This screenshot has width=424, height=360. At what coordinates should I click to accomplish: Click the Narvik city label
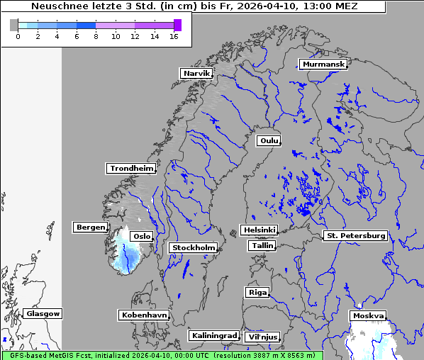[196, 73]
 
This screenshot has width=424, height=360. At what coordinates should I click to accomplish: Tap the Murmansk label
[323, 64]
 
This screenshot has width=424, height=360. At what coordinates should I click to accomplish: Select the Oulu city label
[268, 140]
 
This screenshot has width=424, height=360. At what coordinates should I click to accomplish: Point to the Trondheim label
[131, 168]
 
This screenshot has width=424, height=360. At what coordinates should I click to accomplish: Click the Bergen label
[89, 227]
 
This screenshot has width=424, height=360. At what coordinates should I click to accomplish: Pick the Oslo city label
[142, 236]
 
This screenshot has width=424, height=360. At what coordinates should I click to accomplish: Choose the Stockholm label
[193, 247]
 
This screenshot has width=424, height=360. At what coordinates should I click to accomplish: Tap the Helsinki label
[259, 230]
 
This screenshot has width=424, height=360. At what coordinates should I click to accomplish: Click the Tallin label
[262, 245]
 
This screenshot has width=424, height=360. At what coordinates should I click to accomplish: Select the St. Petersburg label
[355, 235]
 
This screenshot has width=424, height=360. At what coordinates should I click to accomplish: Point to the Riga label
[257, 292]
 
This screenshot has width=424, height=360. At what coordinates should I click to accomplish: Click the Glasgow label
[43, 313]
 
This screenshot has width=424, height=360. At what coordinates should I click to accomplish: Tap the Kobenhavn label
[144, 314]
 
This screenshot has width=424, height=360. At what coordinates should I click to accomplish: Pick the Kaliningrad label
[213, 335]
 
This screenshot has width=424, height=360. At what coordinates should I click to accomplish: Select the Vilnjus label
[262, 337]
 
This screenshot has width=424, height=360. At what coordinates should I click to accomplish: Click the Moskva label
[368, 315]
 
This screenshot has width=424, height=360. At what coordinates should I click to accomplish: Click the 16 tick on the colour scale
[174, 36]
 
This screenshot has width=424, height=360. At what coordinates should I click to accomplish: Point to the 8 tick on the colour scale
[96, 36]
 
